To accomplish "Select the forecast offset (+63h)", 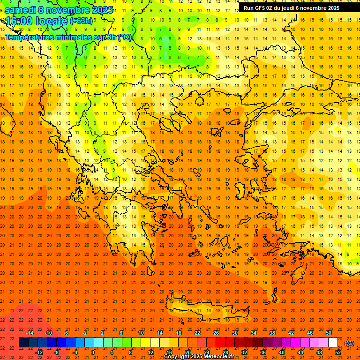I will tap(81, 21).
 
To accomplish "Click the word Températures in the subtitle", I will tap(32, 37).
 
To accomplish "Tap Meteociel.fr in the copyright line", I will tap(219, 357).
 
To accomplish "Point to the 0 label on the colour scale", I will tap(93, 352).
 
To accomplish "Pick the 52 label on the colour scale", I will tap(338, 352).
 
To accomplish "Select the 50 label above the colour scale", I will tap(328, 332).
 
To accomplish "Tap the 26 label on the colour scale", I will tap(216, 332).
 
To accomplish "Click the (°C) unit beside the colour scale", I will tap(349, 343).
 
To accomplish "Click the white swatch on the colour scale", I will tap(333, 343).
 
